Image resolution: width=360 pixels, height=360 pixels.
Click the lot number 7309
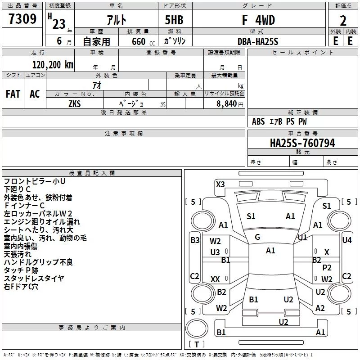[x=22, y=19]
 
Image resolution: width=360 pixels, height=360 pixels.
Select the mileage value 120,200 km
[x=53, y=65]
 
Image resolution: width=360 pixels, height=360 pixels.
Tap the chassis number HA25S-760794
[x=302, y=143]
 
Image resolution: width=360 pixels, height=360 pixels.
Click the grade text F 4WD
[x=258, y=20]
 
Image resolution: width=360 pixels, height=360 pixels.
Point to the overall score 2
[x=343, y=21]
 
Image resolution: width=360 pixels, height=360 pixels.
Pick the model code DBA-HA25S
[x=258, y=41]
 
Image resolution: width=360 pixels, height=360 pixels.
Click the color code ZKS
[x=75, y=104]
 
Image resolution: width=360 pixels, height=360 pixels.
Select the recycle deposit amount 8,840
[x=227, y=104]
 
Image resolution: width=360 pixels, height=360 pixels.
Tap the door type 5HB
[x=174, y=20]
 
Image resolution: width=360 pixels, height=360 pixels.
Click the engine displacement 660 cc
[x=143, y=42]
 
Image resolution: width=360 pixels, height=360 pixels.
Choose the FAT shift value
[x=13, y=94]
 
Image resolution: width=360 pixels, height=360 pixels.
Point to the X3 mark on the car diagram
[x=220, y=184]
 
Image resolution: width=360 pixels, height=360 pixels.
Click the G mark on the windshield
[x=257, y=237]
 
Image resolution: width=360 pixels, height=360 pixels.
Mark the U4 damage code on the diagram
[x=346, y=240]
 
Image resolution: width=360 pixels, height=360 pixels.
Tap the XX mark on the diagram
[x=215, y=279]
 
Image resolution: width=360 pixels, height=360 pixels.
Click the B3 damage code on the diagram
[x=195, y=240]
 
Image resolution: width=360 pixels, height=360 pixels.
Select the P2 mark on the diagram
[x=327, y=267]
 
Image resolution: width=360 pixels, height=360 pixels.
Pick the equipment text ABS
[x=258, y=121]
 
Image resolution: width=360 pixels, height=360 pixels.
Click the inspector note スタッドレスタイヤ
[x=34, y=278]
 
